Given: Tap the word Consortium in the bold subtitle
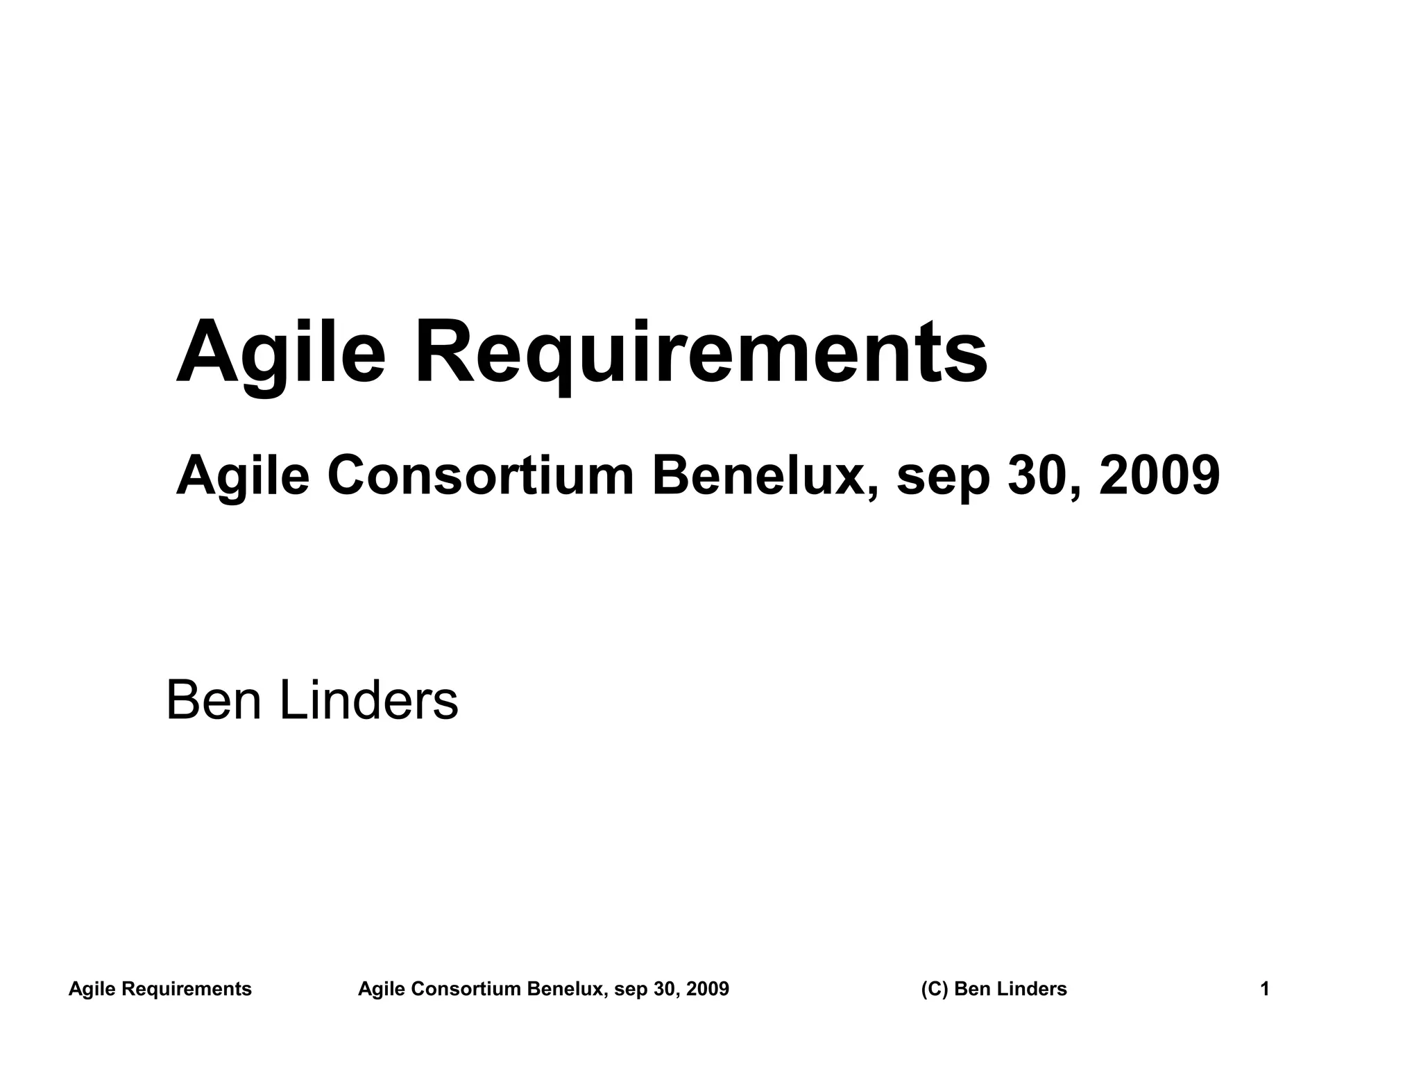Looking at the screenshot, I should click(481, 476).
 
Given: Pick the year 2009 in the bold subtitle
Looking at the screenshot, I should click(1159, 476).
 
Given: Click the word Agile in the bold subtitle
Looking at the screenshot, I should click(242, 476).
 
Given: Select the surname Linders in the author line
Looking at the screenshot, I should click(368, 701).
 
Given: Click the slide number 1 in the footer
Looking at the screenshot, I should click(1264, 989).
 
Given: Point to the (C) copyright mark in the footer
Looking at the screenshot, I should click(935, 989).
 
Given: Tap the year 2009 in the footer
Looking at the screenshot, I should click(707, 989).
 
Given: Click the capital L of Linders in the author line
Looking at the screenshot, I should click(292, 701).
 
